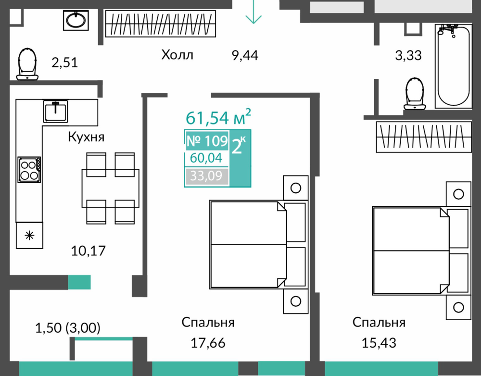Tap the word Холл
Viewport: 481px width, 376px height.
click(177, 55)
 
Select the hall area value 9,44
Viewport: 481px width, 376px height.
click(245, 56)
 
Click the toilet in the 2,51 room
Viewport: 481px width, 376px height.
click(27, 64)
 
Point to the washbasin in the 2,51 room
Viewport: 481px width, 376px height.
click(76, 20)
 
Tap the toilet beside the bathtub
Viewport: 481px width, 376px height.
click(415, 94)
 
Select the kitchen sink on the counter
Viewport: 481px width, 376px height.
click(55, 112)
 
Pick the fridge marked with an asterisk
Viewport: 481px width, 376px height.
click(29, 235)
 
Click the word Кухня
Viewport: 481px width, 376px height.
click(86, 137)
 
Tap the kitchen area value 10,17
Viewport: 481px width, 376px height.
click(89, 251)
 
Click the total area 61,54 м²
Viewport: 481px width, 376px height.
click(218, 117)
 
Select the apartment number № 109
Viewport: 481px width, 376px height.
click(207, 141)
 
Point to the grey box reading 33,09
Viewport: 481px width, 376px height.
click(207, 176)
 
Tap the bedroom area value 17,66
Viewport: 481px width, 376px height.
click(208, 342)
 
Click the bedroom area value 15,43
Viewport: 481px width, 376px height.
click(379, 342)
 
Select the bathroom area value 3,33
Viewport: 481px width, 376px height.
click(408, 56)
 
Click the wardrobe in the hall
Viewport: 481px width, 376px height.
click(161, 24)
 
